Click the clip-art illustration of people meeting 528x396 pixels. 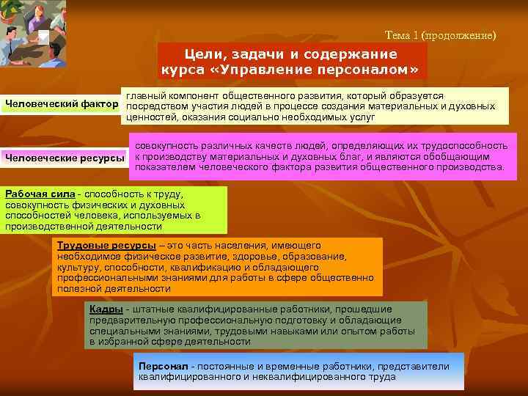tap(32, 33)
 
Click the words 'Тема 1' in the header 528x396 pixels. tap(400, 35)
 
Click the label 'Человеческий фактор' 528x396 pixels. tap(60, 103)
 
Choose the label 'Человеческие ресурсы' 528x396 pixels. tap(65, 156)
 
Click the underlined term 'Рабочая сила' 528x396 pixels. tap(40, 194)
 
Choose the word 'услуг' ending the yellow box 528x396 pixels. tap(362, 117)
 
